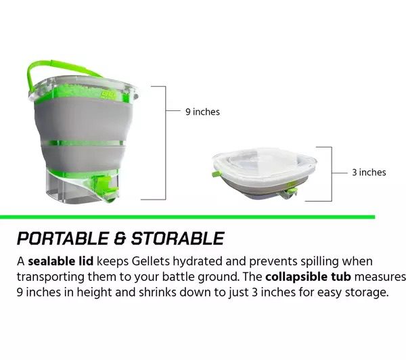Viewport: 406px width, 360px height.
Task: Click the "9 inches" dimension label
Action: pos(202,112)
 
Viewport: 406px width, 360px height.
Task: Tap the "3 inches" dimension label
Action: pos(369,173)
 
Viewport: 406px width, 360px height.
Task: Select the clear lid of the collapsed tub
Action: pos(265,162)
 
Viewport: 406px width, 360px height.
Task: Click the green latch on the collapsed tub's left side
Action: pos(215,174)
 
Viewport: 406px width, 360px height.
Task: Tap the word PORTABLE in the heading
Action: pos(63,238)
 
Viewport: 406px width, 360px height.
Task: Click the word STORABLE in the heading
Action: pos(177,238)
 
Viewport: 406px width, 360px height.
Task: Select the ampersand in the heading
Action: pos(120,238)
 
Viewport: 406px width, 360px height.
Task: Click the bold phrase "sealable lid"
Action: pos(61,261)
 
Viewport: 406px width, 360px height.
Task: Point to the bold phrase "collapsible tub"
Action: pos(308,277)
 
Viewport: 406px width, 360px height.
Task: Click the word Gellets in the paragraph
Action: pos(150,261)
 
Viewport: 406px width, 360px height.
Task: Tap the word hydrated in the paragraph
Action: pos(198,262)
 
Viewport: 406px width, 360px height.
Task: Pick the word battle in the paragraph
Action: pos(178,277)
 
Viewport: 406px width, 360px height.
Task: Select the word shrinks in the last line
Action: pos(158,292)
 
